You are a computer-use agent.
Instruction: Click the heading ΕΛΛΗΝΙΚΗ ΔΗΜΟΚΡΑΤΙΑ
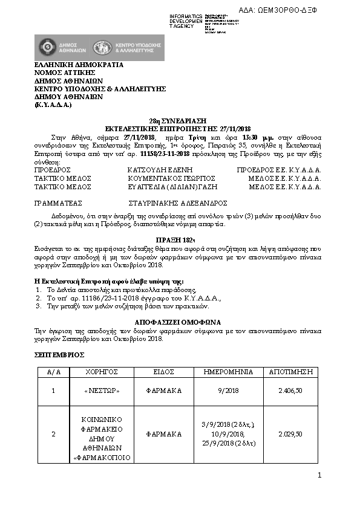tap(79, 65)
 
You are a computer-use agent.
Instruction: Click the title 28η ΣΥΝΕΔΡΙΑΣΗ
tap(179, 121)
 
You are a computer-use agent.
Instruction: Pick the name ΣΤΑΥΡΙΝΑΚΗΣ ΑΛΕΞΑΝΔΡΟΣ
tap(177, 204)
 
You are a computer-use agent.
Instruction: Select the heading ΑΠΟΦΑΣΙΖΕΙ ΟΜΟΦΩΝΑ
tap(179, 322)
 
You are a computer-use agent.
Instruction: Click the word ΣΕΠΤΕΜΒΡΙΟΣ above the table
tap(59, 355)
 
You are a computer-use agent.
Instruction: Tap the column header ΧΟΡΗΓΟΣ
tap(101, 372)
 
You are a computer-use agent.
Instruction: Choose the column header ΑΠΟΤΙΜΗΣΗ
tap(295, 372)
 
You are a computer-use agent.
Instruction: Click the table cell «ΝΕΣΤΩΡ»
tap(101, 392)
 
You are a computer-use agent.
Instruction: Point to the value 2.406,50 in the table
tap(290, 392)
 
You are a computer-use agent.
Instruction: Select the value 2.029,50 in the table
tap(290, 434)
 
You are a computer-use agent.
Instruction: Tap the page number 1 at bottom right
tap(319, 476)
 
